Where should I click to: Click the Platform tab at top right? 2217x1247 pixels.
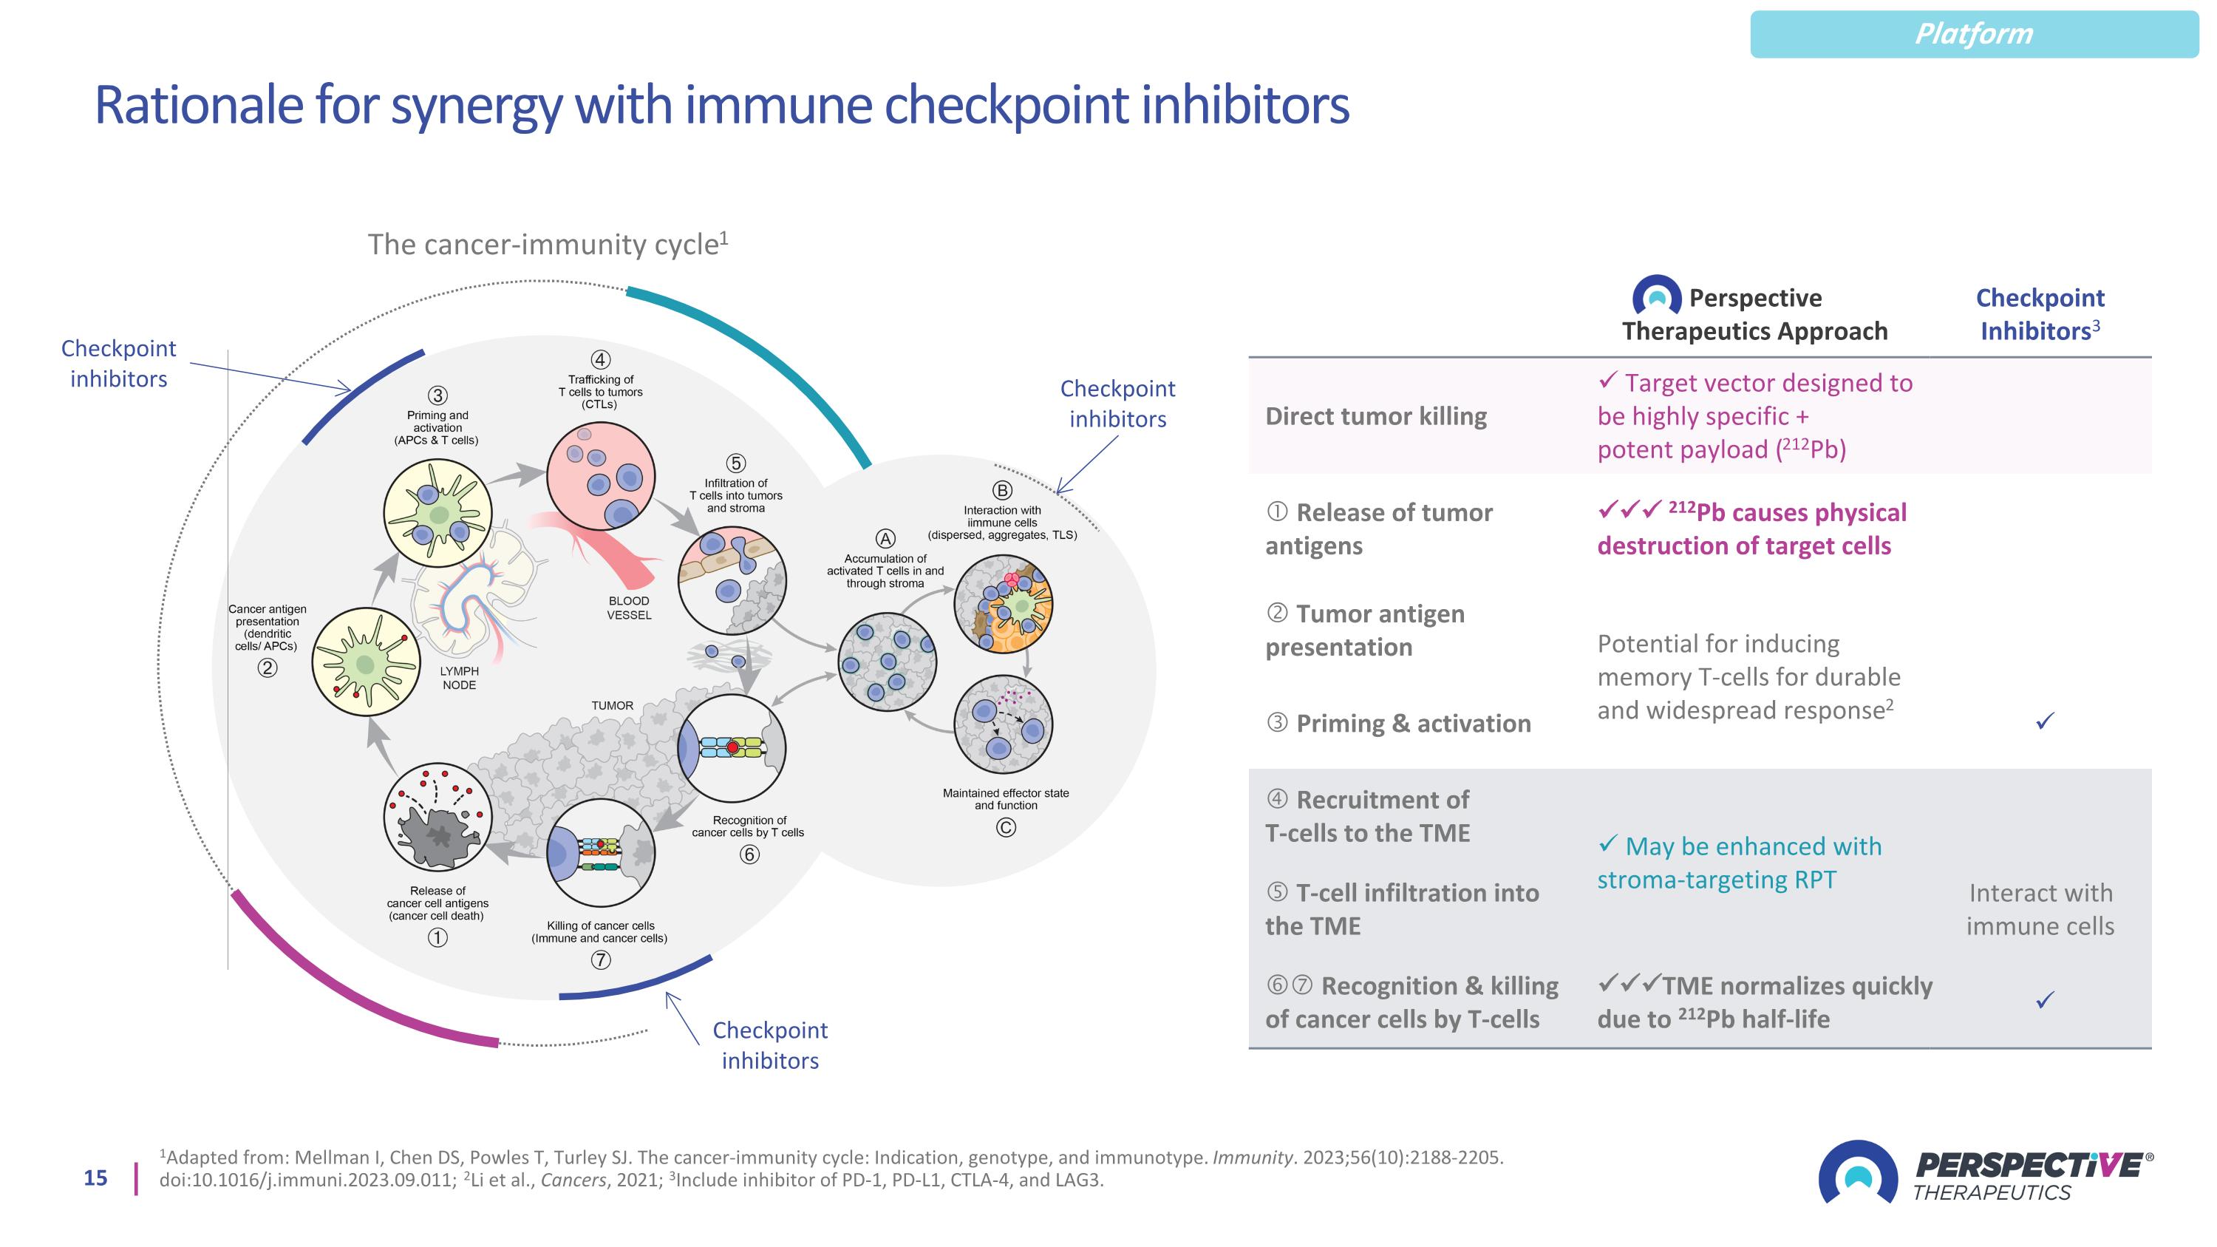[x=1973, y=35]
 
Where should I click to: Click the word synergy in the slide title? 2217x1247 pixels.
[x=476, y=106]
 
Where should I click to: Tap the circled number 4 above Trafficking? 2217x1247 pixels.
[x=600, y=360]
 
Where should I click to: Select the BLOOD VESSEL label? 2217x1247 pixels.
[x=629, y=608]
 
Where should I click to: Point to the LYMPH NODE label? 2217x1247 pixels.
[x=459, y=678]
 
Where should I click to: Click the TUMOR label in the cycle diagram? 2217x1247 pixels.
[x=612, y=706]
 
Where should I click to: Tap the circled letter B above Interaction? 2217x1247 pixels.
[x=1002, y=491]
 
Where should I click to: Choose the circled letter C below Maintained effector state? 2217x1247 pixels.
[x=1005, y=828]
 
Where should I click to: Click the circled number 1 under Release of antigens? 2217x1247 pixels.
[x=437, y=937]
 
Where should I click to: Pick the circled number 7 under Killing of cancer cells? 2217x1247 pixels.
[x=600, y=959]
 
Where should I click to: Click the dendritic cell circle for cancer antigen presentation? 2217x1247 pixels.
[x=367, y=662]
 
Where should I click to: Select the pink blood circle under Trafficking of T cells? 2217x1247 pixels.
[x=601, y=476]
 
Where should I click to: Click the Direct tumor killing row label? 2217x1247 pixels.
[x=1375, y=416]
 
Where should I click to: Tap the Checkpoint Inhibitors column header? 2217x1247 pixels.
[x=2040, y=314]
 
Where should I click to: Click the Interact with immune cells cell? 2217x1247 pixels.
[x=2040, y=910]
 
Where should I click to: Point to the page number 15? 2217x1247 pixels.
[x=95, y=1178]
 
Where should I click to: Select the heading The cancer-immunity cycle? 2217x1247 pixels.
[x=548, y=245]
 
